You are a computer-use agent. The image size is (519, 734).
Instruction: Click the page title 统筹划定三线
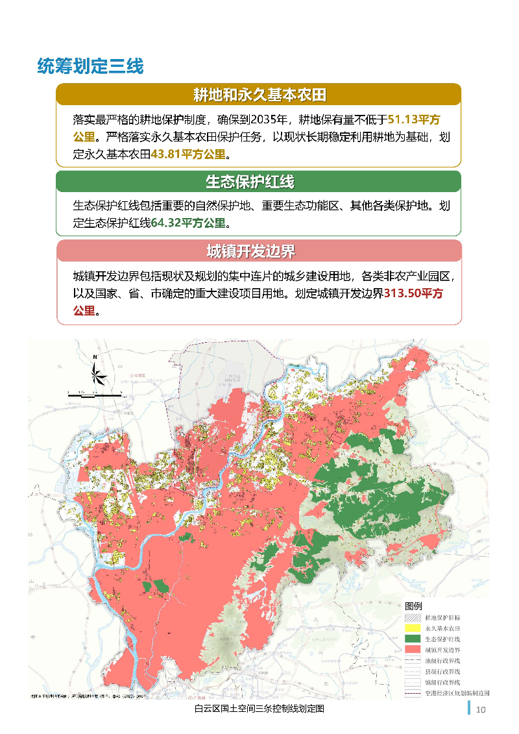90,66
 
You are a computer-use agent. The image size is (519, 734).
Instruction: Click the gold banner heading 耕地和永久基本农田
259,95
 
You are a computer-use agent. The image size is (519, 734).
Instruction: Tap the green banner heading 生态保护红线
259,182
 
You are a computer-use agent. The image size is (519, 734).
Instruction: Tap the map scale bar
94,393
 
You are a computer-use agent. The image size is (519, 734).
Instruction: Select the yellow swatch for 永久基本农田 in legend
412,628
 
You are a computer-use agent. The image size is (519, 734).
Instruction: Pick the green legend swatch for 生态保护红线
412,639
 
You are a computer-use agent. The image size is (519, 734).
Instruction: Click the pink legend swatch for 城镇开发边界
412,649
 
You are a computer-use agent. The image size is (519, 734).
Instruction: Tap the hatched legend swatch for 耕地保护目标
412,618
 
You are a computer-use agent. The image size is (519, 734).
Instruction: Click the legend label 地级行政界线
442,660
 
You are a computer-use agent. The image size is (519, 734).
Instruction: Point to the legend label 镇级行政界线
442,682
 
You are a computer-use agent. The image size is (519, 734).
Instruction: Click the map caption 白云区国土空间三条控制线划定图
259,709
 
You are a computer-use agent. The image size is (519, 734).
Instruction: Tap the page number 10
481,709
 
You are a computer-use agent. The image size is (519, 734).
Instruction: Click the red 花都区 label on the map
139,375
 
